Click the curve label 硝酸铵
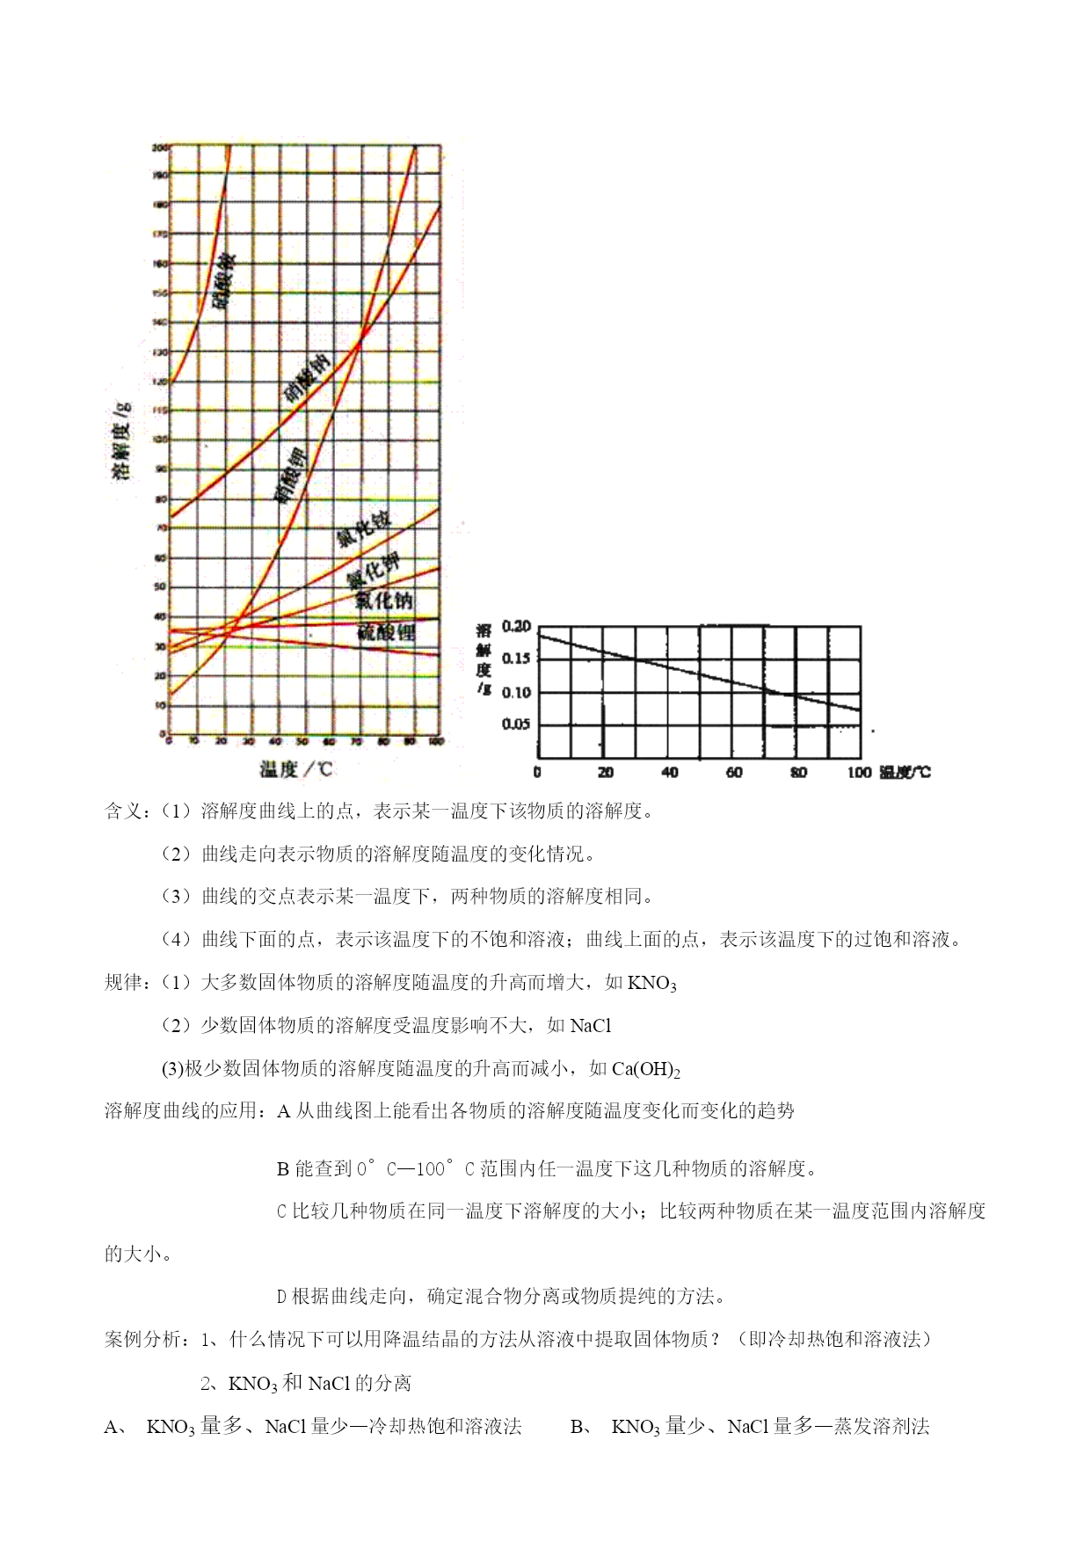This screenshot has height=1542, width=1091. (x=224, y=280)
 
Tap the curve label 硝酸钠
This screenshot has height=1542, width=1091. (x=307, y=378)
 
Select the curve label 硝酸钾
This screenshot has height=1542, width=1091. (x=290, y=474)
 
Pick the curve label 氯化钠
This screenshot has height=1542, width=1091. (x=384, y=600)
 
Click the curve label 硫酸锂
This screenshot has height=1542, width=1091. (x=386, y=631)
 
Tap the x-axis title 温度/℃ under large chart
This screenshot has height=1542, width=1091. (x=296, y=769)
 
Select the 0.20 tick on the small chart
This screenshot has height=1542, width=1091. (x=516, y=627)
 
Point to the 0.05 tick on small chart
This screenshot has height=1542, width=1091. (x=516, y=724)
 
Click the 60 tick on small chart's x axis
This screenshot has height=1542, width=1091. (x=734, y=773)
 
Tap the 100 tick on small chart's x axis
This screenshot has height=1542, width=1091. (x=859, y=773)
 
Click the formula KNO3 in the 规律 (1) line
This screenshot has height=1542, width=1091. (x=651, y=984)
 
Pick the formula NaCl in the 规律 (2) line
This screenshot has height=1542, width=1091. (x=591, y=1026)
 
